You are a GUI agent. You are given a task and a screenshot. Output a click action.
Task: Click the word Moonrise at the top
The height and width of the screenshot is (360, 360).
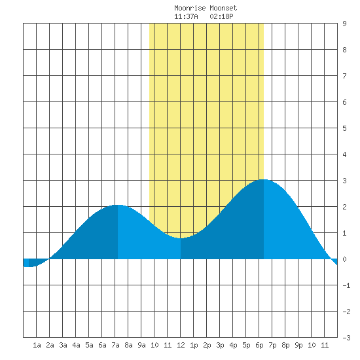pos(190,8)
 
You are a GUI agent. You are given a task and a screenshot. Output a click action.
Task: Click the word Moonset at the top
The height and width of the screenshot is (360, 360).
pos(223,8)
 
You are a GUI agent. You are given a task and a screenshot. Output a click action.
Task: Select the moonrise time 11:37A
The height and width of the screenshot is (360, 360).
pos(186,16)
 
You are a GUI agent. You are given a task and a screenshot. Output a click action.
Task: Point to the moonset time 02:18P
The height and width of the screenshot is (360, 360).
pos(221,16)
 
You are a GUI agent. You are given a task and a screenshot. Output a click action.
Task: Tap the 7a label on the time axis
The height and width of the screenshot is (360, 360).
pos(115,345)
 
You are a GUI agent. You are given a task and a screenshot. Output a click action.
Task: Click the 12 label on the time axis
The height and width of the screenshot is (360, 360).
pos(181,345)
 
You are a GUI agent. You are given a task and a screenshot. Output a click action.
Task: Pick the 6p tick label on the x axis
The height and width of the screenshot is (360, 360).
pos(259,345)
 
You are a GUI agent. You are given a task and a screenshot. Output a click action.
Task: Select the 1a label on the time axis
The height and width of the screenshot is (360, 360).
pos(37,345)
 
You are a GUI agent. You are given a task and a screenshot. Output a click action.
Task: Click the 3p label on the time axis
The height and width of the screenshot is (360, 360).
pos(220,345)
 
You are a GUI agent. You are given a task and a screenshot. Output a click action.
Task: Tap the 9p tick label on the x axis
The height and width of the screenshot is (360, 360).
pos(298,345)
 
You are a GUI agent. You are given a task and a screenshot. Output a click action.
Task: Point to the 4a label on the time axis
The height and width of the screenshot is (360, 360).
pos(76,345)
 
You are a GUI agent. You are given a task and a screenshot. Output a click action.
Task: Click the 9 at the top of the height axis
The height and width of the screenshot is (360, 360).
pos(344,24)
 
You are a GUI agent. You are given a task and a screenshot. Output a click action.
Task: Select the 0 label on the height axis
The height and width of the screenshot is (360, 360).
pos(344,259)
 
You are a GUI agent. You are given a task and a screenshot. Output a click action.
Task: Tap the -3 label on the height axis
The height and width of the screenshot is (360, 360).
pos(346,338)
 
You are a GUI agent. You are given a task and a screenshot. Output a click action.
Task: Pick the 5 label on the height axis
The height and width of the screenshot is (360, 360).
pos(344,128)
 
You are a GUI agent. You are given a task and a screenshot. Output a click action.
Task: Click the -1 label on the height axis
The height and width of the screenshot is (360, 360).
pos(346,285)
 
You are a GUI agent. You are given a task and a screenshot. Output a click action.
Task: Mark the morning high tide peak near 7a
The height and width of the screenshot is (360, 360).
pos(118,205)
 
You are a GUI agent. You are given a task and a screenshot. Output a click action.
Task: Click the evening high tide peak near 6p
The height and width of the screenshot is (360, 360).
pos(264,179)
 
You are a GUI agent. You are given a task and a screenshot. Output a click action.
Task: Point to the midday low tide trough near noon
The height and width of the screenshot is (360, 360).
pos(181,238)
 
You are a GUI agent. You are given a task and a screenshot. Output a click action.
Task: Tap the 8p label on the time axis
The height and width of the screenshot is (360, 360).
pos(285,345)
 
